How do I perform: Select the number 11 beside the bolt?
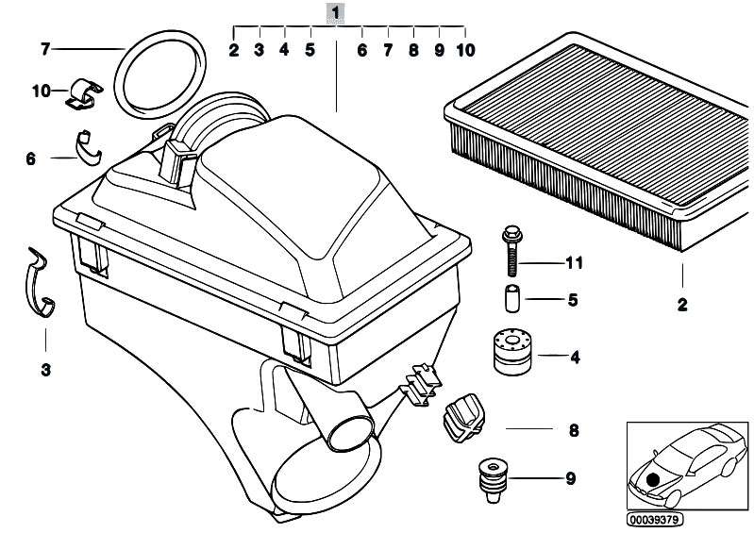point(574,262)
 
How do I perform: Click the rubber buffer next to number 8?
point(461,416)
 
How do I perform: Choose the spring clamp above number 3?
point(38,283)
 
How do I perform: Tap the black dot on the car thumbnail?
point(654,478)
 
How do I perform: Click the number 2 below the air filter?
point(681,305)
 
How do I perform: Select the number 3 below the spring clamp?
point(44,370)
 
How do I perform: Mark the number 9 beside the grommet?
point(569,479)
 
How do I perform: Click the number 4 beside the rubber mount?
point(574,357)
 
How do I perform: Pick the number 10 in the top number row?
point(465,49)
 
